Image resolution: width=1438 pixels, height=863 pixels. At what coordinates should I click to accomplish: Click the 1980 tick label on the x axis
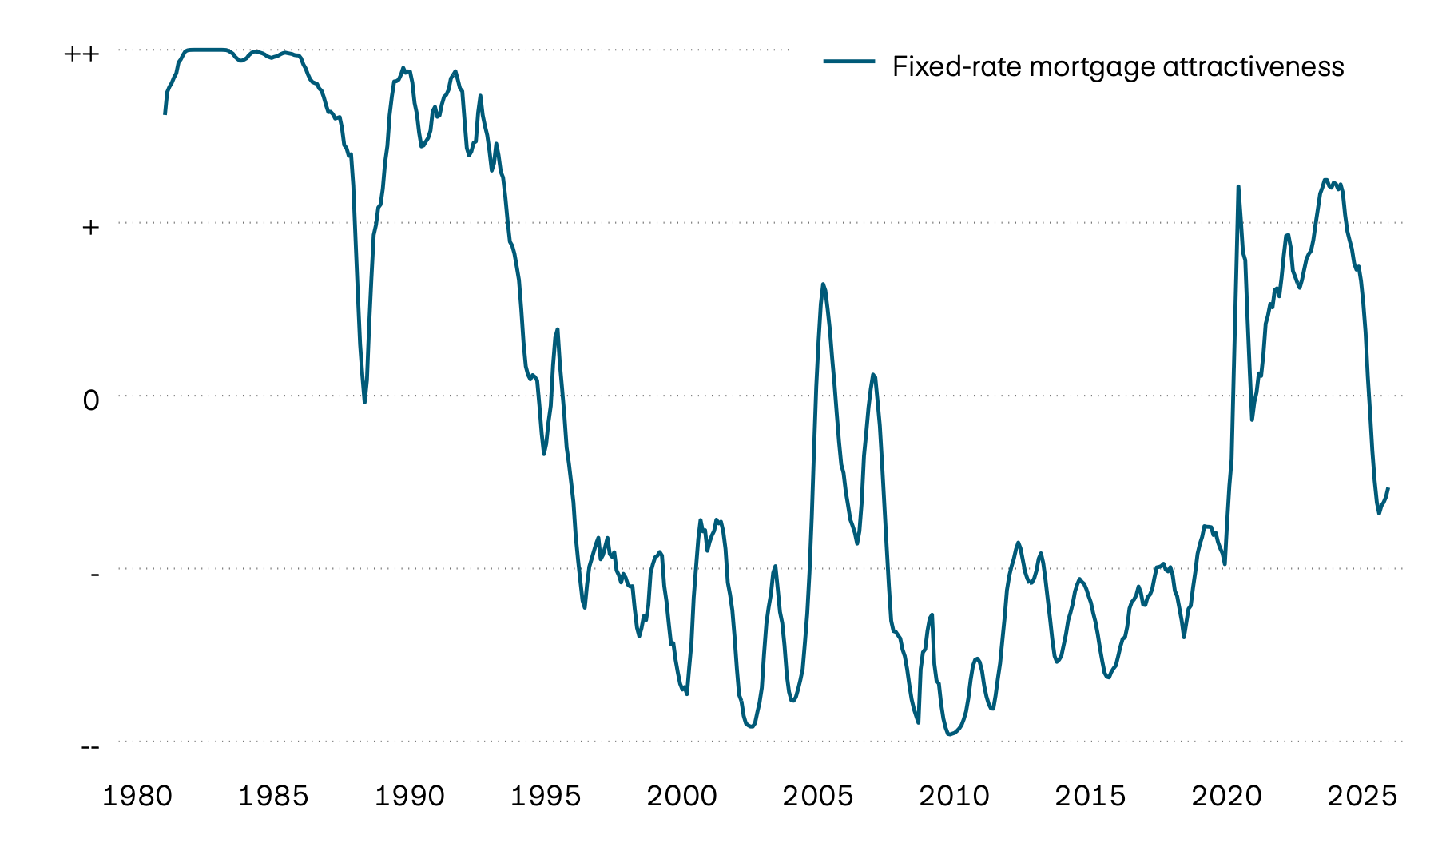click(137, 797)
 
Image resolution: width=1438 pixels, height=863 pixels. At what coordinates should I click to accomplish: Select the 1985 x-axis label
click(273, 797)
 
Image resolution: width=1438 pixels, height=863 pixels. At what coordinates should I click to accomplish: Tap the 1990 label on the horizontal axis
click(410, 797)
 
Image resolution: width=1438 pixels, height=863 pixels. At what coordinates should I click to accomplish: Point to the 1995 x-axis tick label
click(546, 797)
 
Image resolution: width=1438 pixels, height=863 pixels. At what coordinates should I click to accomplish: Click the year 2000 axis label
click(681, 797)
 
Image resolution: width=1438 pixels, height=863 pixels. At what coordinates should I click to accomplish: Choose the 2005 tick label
click(818, 797)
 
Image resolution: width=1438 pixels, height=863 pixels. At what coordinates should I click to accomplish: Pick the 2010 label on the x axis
click(954, 797)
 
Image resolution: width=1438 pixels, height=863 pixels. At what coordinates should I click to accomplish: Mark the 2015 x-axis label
click(1090, 797)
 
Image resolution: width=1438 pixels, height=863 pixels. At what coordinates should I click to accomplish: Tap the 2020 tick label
click(1226, 797)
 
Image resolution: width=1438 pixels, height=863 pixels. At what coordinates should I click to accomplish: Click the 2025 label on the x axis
click(1362, 797)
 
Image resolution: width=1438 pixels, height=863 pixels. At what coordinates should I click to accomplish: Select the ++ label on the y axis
click(81, 54)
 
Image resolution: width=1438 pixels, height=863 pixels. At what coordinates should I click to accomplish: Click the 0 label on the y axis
click(91, 400)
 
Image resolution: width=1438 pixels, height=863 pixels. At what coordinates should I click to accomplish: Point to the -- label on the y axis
click(90, 746)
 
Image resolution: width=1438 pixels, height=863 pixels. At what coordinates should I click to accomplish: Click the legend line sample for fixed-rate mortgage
click(849, 62)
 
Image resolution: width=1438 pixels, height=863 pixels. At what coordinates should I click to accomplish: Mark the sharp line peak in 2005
click(823, 284)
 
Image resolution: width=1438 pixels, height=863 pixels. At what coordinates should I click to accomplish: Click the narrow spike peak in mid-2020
click(1238, 187)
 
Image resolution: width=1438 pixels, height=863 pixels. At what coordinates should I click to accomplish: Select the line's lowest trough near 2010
click(949, 734)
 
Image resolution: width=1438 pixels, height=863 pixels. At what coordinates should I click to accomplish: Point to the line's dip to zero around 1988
click(364, 402)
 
